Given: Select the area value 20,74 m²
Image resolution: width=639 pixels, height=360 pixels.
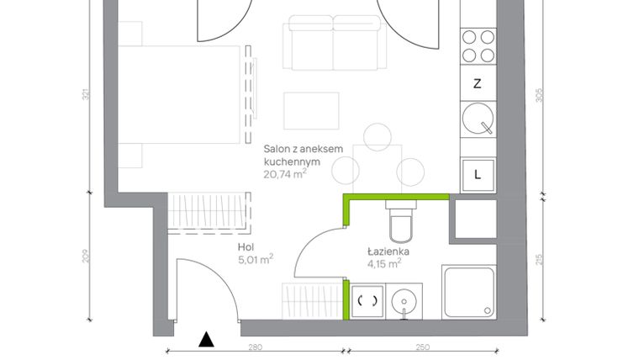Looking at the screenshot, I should pos(284,174).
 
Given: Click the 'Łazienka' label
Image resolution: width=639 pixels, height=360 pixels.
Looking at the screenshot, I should pos(388,251).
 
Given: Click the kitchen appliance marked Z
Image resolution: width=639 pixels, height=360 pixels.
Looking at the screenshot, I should pos(477,83).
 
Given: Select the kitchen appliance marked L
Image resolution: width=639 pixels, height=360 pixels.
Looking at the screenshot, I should pos(477,175).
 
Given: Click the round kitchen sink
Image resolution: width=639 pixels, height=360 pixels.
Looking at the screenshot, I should pos(477,119).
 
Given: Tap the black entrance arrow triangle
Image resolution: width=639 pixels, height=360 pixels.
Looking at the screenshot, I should pos(205,339).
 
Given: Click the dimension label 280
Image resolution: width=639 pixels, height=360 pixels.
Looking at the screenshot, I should pos(256,347).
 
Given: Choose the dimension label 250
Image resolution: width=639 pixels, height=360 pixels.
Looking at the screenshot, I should pos(422,347).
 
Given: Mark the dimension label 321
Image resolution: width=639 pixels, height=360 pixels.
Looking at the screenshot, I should pos(86,95).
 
